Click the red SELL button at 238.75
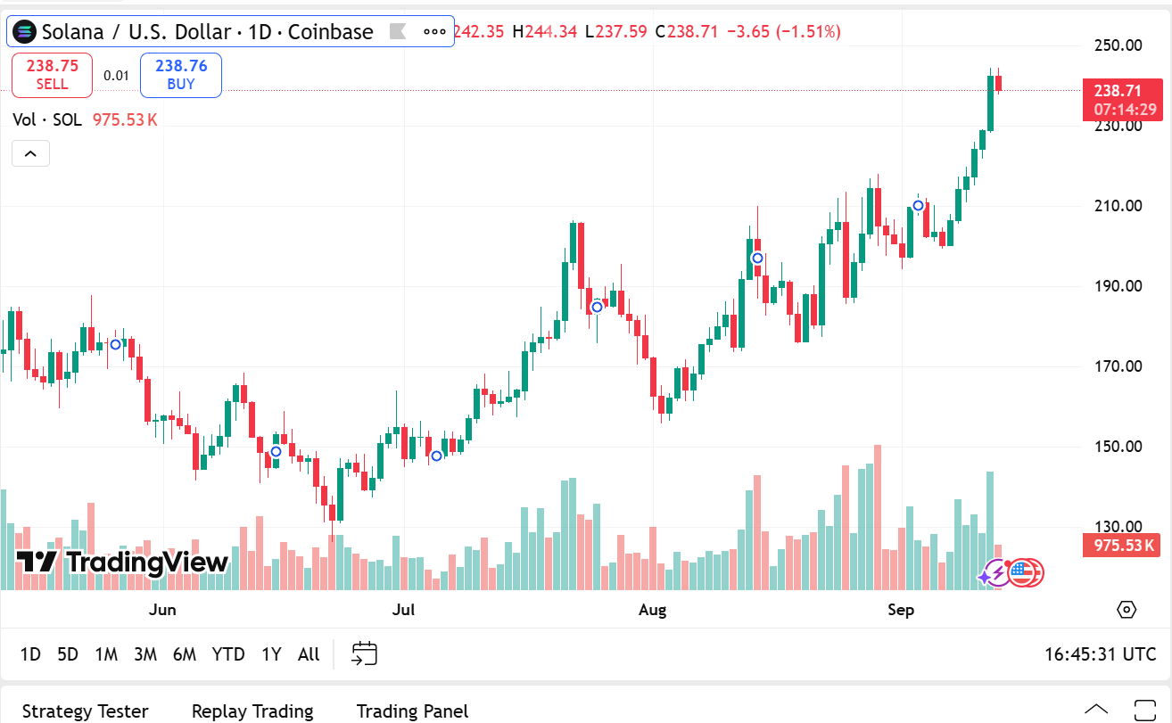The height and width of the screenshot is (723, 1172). pos(52,75)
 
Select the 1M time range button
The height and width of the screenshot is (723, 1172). pos(106,654)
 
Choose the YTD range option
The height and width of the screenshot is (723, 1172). pos(228,654)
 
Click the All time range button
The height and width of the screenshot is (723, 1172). pos(309,654)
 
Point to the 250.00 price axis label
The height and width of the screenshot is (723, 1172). pos(1118,45)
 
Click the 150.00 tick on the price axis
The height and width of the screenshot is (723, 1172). pos(1118,447)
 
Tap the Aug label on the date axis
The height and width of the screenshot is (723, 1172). pos(653,610)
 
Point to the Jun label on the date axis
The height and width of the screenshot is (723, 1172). pos(162,610)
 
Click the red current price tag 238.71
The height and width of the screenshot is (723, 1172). pos(1122,91)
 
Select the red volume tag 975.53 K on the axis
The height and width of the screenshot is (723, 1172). pos(1122,546)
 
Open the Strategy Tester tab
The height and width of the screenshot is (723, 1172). pos(86,711)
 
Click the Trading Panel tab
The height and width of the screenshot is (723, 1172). pos(412,711)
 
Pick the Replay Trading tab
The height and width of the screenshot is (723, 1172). pos(252,711)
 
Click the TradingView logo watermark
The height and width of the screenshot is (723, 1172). pos(123,563)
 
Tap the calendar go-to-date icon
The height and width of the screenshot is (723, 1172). pos(364,654)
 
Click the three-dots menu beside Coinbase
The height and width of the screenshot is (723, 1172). pos(434,32)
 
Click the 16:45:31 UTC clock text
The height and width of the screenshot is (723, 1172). pos(1100,654)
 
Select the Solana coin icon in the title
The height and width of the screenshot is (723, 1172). pos(27,32)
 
